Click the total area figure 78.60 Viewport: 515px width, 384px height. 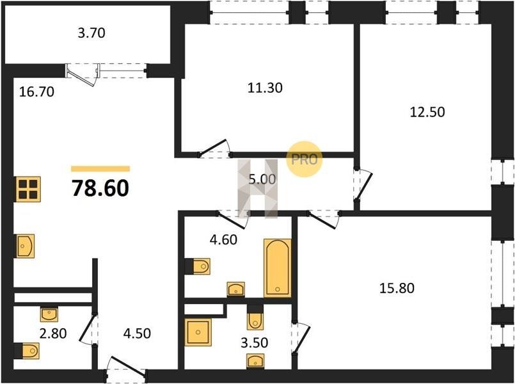point(100,189)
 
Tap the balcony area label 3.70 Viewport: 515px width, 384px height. point(91,33)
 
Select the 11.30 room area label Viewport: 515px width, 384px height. point(265,88)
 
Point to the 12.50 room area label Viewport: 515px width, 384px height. point(427,112)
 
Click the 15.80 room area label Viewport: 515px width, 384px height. point(397,288)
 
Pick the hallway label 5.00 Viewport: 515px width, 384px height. point(262,179)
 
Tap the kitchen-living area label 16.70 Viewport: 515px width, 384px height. point(36,92)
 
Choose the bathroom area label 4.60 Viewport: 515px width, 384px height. point(223,240)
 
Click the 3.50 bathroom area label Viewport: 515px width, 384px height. point(254,342)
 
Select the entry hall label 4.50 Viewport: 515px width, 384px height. point(137,333)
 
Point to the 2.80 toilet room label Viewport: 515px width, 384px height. point(53,333)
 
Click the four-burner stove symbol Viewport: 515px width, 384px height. point(28,189)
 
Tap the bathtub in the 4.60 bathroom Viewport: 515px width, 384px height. point(278,268)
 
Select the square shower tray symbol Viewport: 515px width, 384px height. point(198,332)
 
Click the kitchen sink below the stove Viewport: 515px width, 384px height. point(26,246)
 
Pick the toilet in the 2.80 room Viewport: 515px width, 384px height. point(27,351)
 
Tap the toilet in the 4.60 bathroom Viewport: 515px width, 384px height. point(198,266)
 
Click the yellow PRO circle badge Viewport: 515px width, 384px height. point(304,159)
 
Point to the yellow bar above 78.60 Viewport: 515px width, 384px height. point(100,169)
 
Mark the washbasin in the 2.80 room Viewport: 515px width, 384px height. point(49,314)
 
